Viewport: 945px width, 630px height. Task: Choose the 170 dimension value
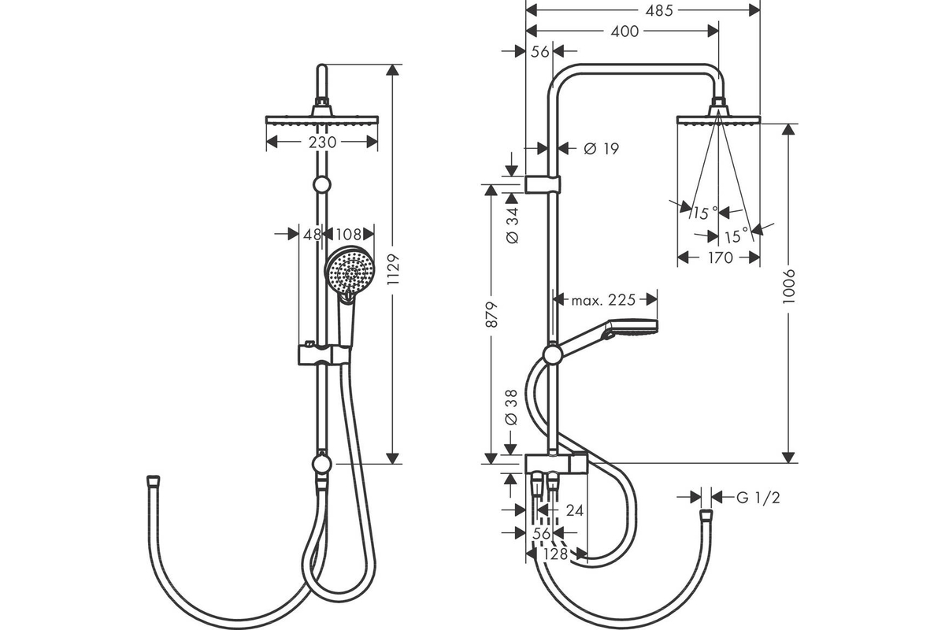click(720, 258)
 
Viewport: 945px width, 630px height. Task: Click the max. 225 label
click(603, 299)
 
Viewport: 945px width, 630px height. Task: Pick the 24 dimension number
click(574, 510)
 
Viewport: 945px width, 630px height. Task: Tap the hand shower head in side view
click(638, 328)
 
